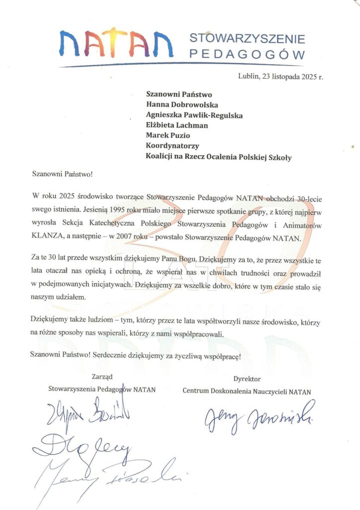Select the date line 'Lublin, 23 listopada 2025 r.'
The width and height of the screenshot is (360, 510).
[281, 76]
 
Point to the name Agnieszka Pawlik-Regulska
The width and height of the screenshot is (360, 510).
[194, 115]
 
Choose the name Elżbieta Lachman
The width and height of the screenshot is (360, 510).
[177, 125]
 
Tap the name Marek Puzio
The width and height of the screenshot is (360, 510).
[168, 135]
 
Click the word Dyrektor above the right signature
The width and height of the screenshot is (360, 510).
[246, 379]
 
